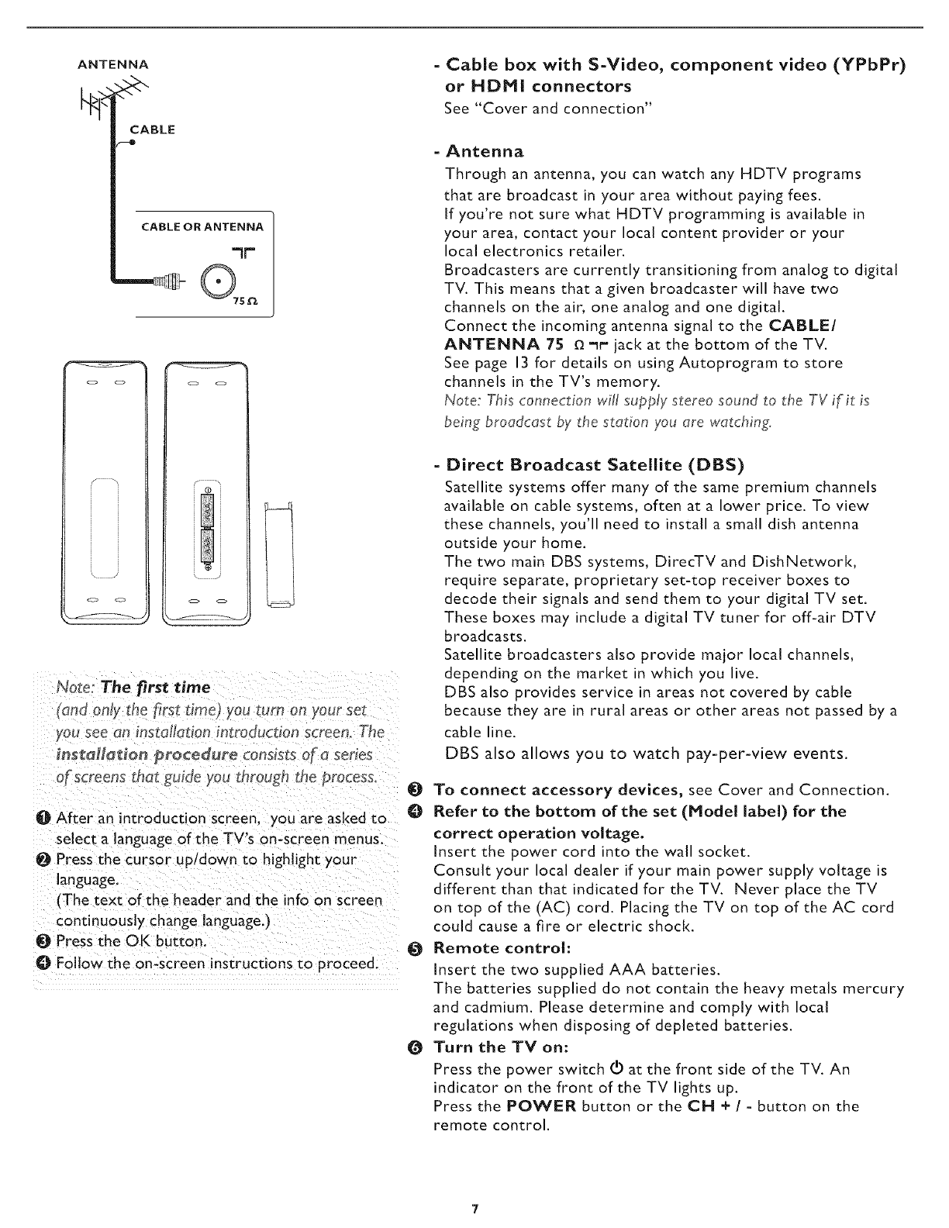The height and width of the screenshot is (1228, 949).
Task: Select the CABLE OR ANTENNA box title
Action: pos(202,226)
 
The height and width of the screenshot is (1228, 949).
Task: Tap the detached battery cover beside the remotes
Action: pos(279,555)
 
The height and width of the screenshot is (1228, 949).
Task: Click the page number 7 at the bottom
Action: pos(474,1209)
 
